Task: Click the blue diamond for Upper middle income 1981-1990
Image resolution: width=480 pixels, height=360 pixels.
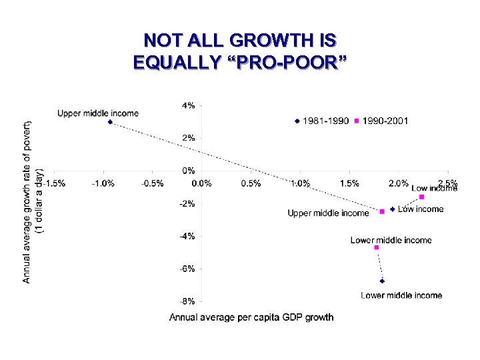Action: tap(110, 122)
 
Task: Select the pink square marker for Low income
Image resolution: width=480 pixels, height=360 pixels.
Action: tap(422, 197)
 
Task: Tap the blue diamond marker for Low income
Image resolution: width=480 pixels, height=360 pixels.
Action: tap(393, 209)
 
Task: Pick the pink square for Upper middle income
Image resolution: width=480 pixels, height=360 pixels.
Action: tap(382, 211)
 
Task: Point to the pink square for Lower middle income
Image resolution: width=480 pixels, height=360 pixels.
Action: tap(377, 247)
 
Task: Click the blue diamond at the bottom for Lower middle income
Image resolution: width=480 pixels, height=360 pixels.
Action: tap(382, 281)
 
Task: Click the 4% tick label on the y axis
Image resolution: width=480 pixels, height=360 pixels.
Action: tap(189, 105)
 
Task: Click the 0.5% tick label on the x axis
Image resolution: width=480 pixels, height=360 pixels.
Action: tap(251, 183)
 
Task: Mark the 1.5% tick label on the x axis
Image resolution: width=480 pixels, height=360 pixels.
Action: tap(350, 183)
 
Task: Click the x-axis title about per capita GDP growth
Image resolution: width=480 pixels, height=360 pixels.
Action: tap(251, 317)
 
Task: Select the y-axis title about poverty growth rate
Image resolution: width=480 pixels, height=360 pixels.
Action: tap(33, 202)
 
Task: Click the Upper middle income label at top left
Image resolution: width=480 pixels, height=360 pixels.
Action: tap(98, 113)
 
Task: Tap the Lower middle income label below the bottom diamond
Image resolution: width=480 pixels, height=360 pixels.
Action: tap(401, 295)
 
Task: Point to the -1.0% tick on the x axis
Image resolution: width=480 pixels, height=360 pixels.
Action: tap(102, 183)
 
